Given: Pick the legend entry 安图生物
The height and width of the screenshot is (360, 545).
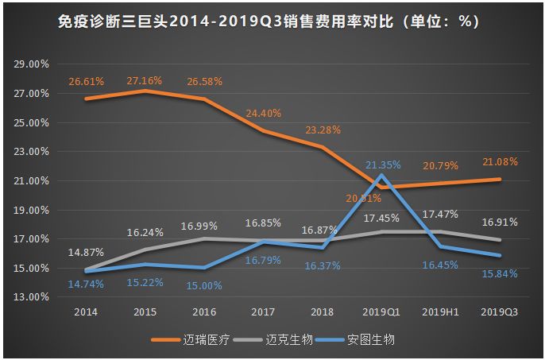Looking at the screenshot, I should [370, 339].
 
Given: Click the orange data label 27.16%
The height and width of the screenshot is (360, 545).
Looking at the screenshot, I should [144, 81].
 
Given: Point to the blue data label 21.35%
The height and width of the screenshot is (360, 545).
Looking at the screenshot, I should [384, 165].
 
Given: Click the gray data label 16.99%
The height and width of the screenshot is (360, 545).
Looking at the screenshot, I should [203, 226].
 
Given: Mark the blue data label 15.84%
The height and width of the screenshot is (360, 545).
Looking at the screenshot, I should [499, 274].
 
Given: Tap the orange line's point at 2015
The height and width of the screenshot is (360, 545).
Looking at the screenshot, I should [145, 91].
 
